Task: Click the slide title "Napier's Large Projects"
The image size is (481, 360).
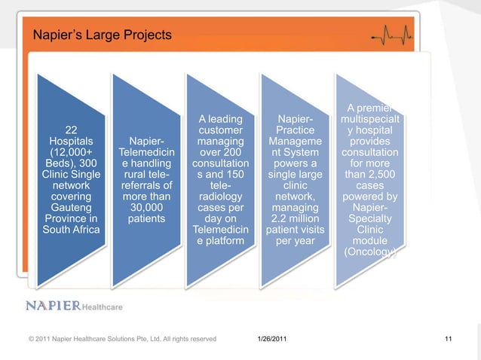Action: (102, 35)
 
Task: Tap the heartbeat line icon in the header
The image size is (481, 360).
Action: (392, 37)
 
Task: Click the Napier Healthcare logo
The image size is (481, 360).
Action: (75, 306)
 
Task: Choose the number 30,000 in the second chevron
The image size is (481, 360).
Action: (147, 206)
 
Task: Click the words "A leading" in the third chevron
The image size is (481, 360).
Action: (220, 120)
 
